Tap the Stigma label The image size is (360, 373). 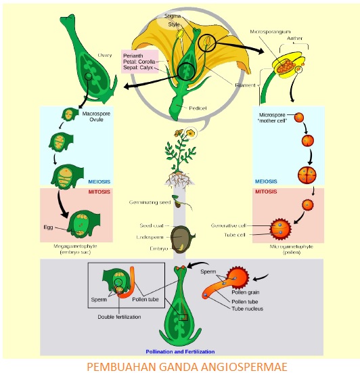pyautogui.click(x=173, y=14)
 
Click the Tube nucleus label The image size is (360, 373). pyautogui.click(x=248, y=309)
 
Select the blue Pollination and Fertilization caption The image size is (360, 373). pyautogui.click(x=181, y=351)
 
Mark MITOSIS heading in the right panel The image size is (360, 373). pyautogui.click(x=265, y=192)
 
